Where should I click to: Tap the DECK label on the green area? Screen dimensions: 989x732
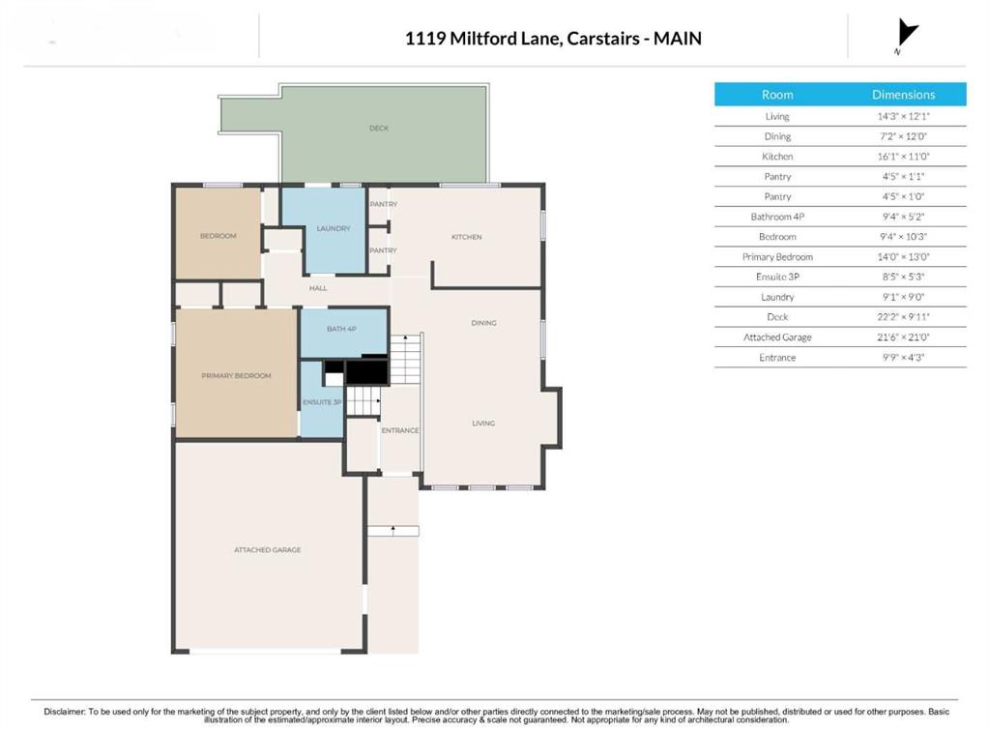(379, 128)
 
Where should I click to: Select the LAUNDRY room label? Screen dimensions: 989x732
(334, 228)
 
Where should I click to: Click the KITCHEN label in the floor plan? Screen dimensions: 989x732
(467, 237)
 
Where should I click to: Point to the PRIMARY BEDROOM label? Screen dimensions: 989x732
(237, 375)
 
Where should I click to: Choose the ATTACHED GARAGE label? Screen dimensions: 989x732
(268, 549)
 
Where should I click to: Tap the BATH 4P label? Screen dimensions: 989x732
(341, 329)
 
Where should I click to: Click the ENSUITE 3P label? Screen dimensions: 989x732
(322, 402)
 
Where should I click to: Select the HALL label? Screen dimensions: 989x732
(318, 288)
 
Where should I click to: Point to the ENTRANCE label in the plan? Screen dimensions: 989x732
(400, 430)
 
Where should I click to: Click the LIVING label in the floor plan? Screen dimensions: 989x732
(483, 423)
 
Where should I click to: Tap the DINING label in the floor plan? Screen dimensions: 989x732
(483, 322)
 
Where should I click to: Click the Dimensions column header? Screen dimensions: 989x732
(903, 95)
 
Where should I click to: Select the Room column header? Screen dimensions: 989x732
(777, 95)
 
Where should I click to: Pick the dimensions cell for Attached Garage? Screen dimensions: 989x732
(903, 337)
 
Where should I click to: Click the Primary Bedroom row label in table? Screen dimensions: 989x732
(777, 257)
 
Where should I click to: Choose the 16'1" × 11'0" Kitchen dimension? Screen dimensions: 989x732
(903, 156)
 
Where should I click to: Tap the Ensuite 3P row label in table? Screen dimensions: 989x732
(777, 277)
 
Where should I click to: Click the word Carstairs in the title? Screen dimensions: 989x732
(603, 39)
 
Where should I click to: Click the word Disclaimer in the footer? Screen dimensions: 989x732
(65, 711)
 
